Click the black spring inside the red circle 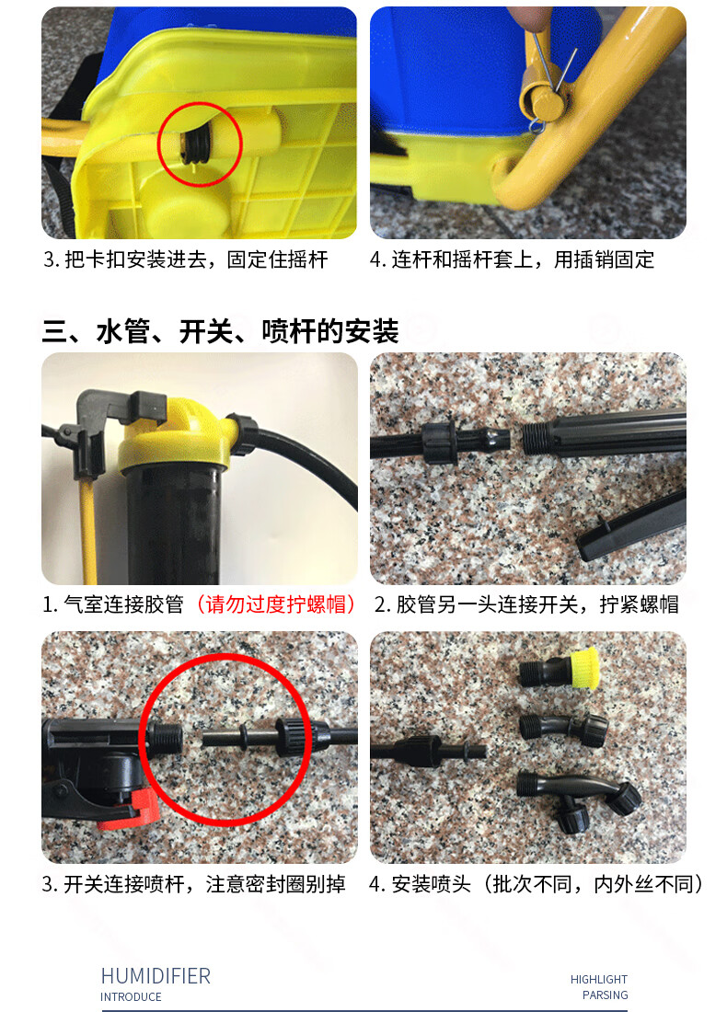tap(197, 145)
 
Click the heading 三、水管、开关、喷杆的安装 tap(220, 330)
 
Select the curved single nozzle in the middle tap(562, 727)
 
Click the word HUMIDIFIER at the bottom tap(156, 976)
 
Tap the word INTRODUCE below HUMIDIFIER tap(131, 997)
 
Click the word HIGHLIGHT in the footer tap(598, 980)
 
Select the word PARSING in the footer tap(605, 995)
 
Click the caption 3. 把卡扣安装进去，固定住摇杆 tap(185, 260)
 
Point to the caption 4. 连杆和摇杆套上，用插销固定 tap(512, 260)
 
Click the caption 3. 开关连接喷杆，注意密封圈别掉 tap(194, 885)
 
